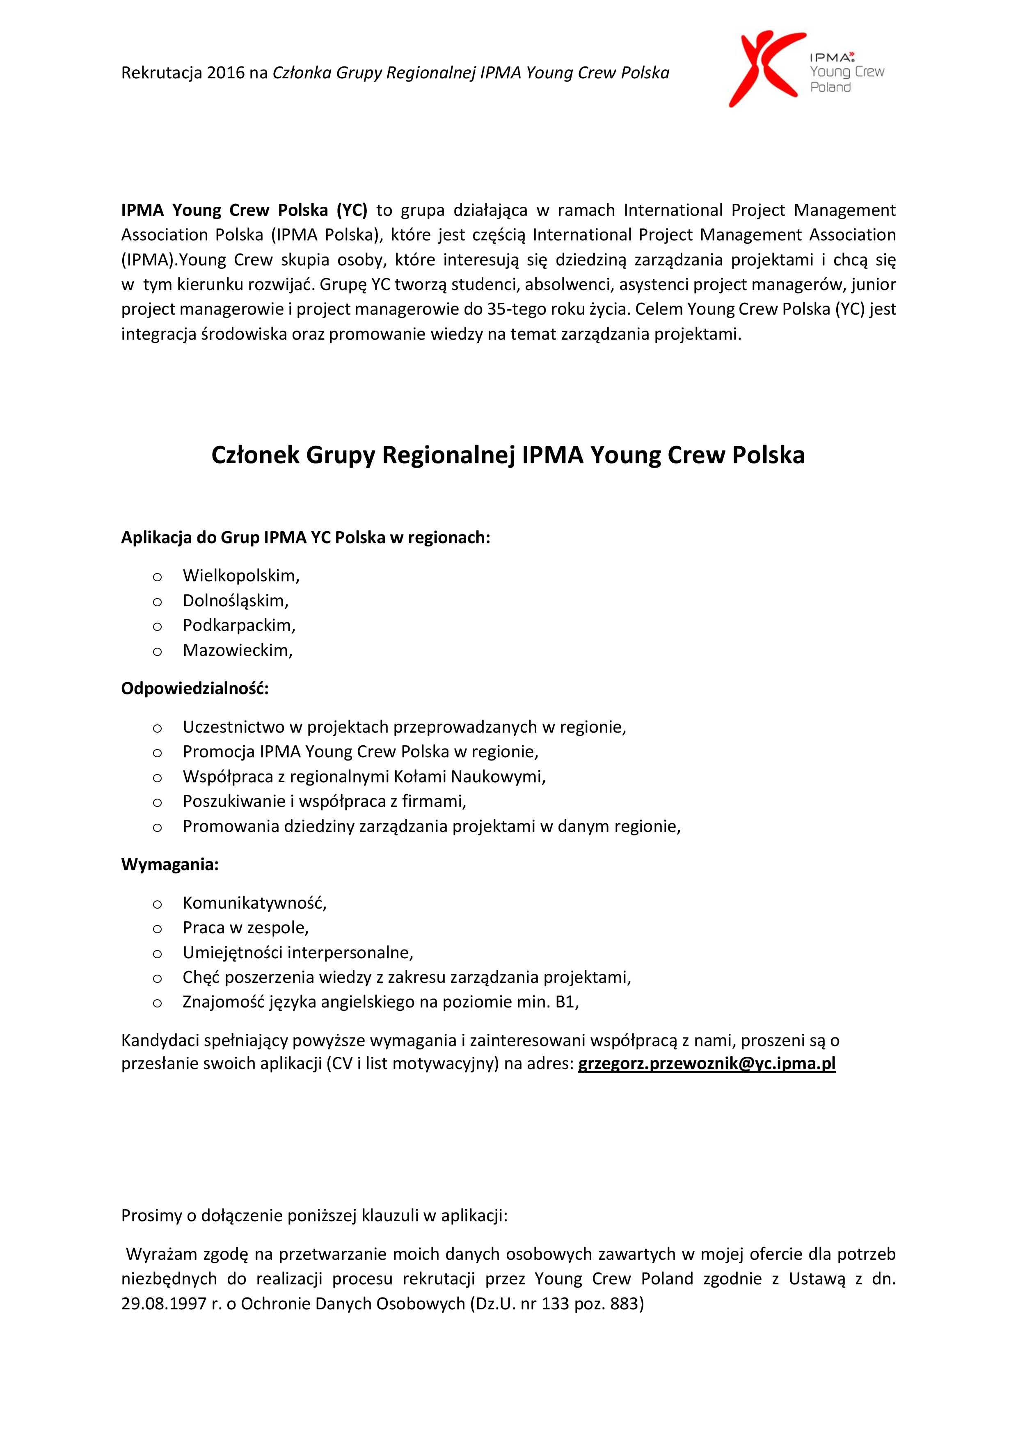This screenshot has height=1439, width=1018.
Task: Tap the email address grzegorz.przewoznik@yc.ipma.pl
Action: pos(707,1064)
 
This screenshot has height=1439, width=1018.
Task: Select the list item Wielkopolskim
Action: pos(241,576)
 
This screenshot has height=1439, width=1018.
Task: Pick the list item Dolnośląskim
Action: pos(235,601)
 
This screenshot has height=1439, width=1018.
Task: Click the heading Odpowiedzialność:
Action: pos(194,688)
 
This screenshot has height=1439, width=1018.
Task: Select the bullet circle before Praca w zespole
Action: pos(157,928)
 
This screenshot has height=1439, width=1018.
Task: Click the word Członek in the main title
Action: pos(255,455)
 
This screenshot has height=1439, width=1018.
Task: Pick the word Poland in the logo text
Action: pos(830,88)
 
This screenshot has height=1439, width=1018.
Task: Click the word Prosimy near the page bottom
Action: pos(151,1216)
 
